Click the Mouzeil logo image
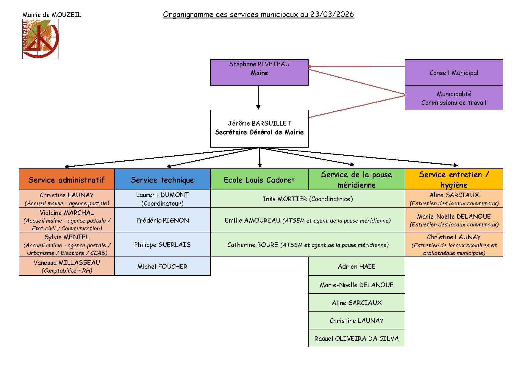click(x=40, y=39)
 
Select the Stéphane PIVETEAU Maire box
click(x=259, y=73)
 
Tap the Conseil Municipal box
click(x=454, y=73)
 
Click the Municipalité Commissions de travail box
click(x=454, y=98)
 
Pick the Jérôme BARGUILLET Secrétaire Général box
click(x=259, y=129)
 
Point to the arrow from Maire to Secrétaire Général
click(x=258, y=98)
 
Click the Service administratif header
click(x=67, y=179)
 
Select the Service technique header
click(x=162, y=179)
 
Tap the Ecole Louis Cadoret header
click(x=259, y=179)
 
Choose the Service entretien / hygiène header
click(x=454, y=179)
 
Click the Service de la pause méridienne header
click(x=357, y=179)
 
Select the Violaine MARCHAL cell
click(x=67, y=220)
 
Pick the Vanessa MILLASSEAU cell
click(x=67, y=266)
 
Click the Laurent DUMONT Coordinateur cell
click(x=162, y=199)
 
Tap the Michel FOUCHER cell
click(x=162, y=266)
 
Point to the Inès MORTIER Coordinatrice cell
click(x=308, y=199)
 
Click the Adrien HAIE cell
click(x=357, y=266)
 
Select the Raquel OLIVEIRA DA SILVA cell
click(x=357, y=338)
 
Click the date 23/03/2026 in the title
click(x=332, y=14)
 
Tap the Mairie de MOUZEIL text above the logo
click(x=52, y=15)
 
